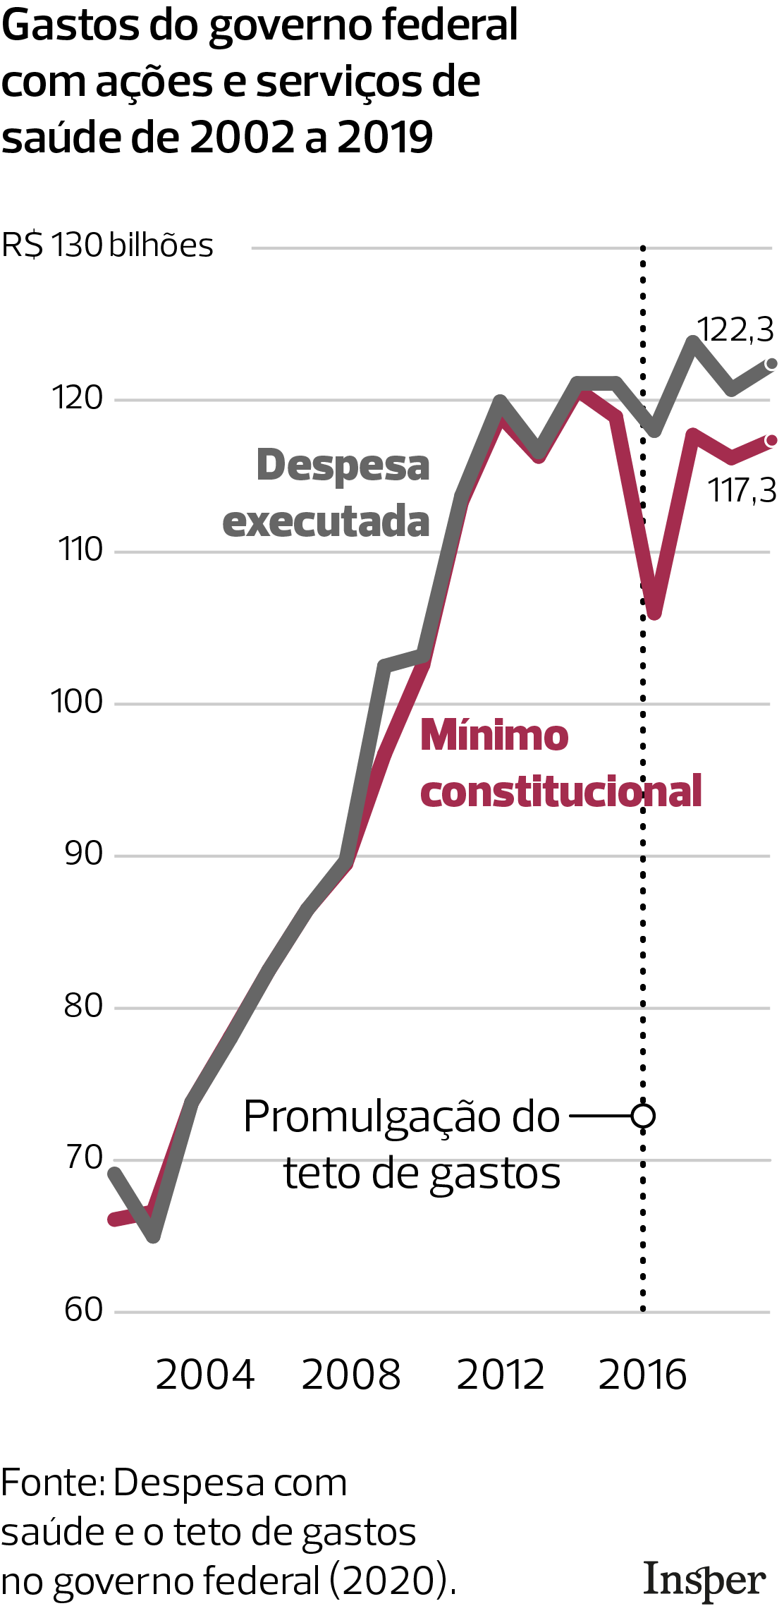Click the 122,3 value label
coord(735,330)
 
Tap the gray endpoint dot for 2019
coord(771,364)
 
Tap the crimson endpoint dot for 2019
coord(771,441)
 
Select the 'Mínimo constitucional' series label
coord(561,763)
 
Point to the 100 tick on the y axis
coord(77,702)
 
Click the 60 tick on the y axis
coord(84,1310)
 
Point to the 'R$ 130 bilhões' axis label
coord(107,245)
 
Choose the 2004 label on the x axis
coord(204,1375)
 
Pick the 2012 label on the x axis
coord(501,1375)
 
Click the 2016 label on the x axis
coord(642,1375)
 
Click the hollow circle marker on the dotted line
coord(643,1116)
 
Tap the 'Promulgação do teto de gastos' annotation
coord(402,1145)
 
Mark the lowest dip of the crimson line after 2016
coord(654,612)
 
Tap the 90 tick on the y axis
coord(84,854)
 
